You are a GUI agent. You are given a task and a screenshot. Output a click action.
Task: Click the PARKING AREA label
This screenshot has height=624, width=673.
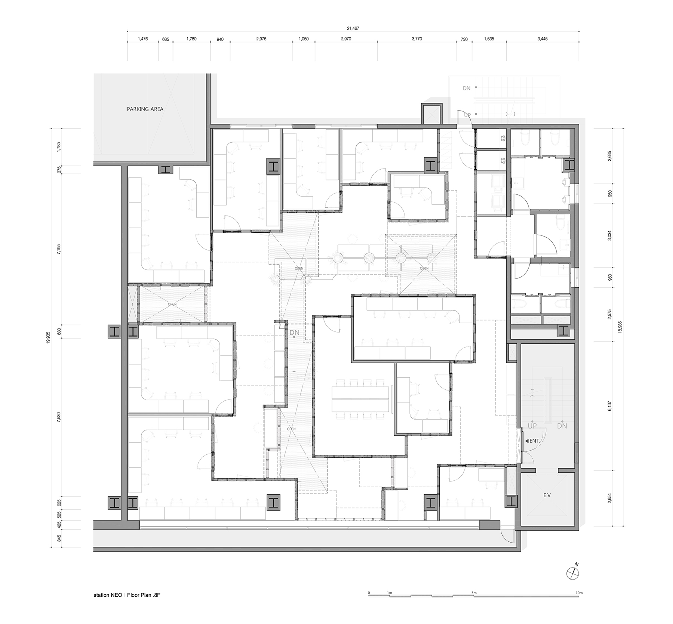tap(145, 109)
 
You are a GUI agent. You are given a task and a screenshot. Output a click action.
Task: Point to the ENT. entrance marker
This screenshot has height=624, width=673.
tap(532, 441)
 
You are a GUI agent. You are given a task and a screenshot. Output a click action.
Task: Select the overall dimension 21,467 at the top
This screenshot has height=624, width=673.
tap(353, 28)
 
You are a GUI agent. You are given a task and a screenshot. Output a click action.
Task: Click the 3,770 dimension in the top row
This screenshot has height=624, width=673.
tap(417, 39)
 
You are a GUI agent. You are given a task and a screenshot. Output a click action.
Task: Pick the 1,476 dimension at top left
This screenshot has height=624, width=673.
tap(143, 39)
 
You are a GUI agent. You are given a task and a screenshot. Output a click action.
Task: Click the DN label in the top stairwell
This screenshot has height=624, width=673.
tap(466, 88)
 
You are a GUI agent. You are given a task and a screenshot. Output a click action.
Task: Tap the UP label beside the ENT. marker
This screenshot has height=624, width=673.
tap(532, 426)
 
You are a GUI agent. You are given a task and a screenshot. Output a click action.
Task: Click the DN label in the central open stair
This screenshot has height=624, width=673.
tap(294, 333)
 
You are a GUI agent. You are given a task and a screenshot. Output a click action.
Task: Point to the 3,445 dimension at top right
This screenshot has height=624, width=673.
tap(542, 39)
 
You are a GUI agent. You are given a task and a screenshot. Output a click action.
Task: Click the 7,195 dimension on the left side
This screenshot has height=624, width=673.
tap(58, 250)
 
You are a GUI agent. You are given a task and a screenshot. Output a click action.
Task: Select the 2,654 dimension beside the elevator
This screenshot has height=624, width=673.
tap(610, 498)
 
